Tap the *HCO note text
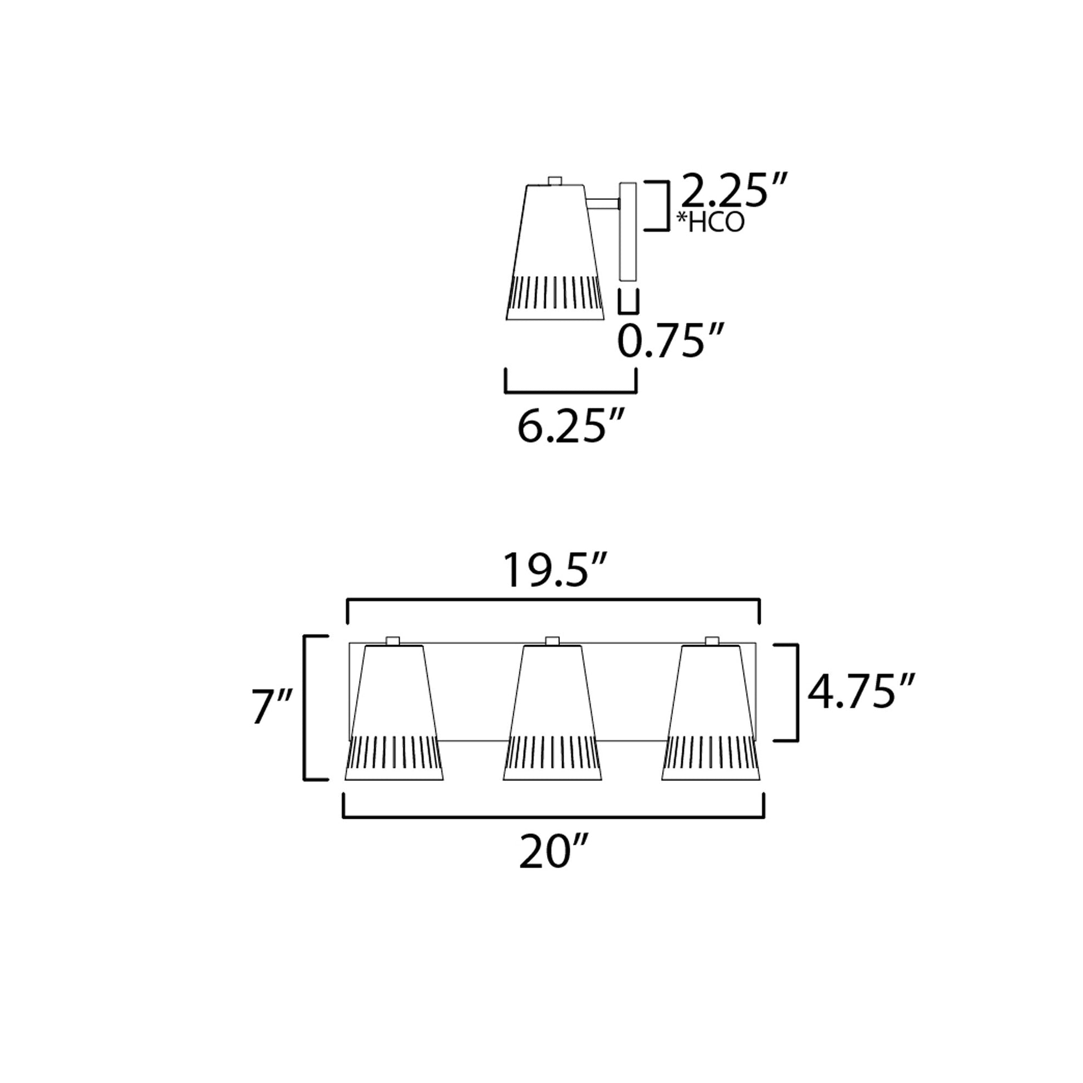710,223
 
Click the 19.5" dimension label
553,570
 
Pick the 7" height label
272,708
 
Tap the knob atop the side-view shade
555,180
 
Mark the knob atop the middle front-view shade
552,641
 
